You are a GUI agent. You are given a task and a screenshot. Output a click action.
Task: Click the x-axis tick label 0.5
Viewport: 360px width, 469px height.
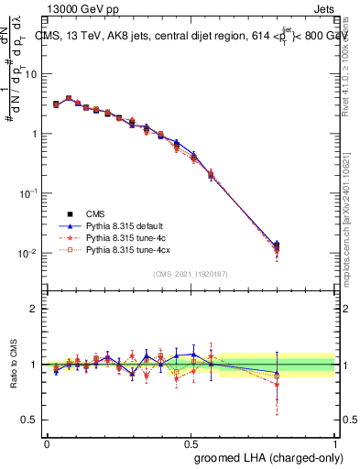191,442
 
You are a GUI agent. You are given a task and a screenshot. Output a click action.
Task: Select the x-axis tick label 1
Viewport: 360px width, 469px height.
335,442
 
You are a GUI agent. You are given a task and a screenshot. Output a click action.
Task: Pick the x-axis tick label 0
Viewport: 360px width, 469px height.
47,442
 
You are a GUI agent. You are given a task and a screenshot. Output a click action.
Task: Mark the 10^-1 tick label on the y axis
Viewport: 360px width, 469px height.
27,193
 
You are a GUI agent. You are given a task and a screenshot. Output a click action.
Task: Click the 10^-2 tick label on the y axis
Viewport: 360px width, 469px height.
27,254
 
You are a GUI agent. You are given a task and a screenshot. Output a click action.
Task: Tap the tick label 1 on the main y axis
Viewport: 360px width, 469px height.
34,134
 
